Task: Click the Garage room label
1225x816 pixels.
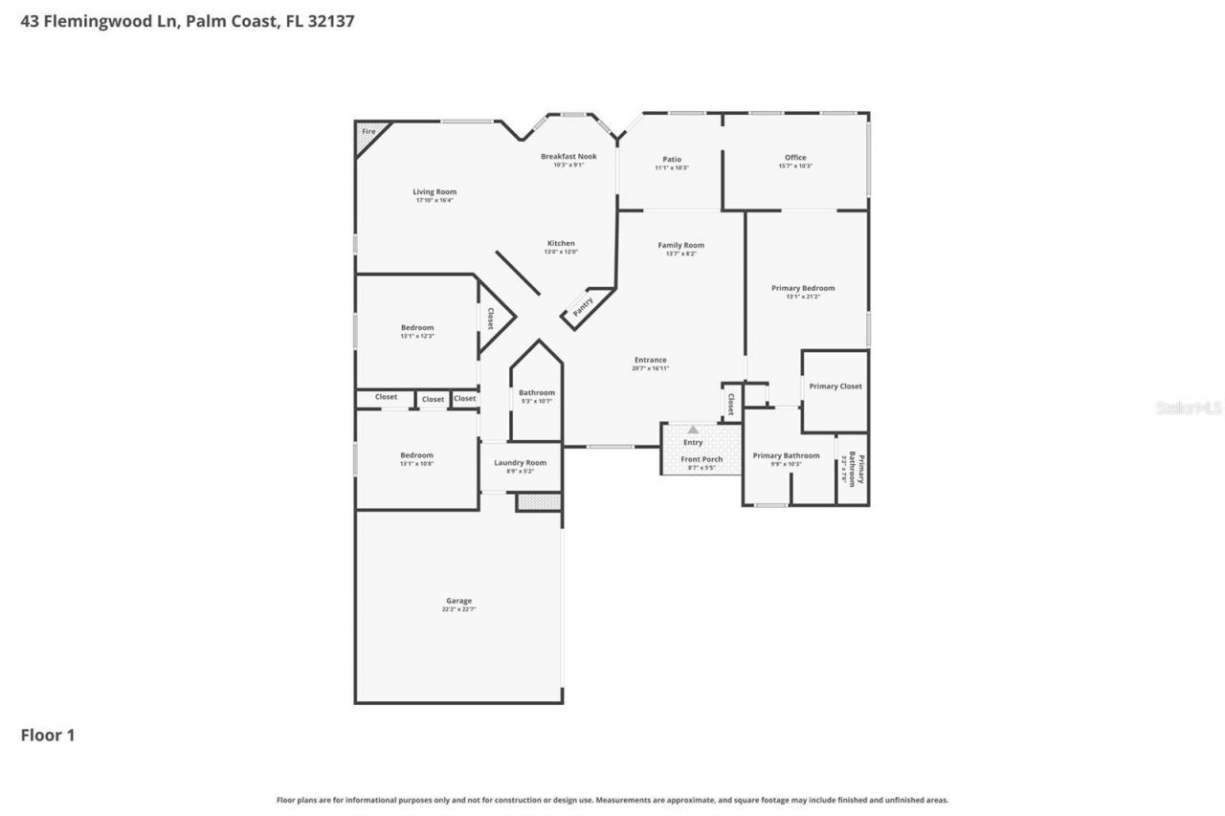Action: pyautogui.click(x=458, y=601)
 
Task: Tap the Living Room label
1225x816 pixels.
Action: pyautogui.click(x=434, y=191)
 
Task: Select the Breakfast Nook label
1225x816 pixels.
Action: pyautogui.click(x=568, y=156)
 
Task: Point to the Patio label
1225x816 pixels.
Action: pyautogui.click(x=671, y=159)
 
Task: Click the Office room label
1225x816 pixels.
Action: pyautogui.click(x=795, y=158)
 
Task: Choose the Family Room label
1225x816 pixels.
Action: pyautogui.click(x=680, y=245)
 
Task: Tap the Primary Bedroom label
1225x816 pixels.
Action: pyautogui.click(x=803, y=288)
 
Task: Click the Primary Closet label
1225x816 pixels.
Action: pyautogui.click(x=835, y=386)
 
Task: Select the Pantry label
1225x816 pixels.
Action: pyautogui.click(x=583, y=306)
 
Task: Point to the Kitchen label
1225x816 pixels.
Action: pyautogui.click(x=561, y=243)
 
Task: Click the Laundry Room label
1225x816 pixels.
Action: pyautogui.click(x=520, y=463)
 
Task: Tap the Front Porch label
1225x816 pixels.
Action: pyautogui.click(x=702, y=459)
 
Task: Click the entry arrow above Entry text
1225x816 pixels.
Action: pyautogui.click(x=693, y=430)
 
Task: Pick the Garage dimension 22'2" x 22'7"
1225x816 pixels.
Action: pyautogui.click(x=458, y=609)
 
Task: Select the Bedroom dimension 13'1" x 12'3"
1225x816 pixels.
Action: pyautogui.click(x=417, y=336)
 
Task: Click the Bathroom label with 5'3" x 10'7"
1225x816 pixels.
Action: pyautogui.click(x=536, y=392)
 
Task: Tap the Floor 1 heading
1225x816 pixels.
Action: pyautogui.click(x=48, y=735)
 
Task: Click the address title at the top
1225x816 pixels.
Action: pyautogui.click(x=188, y=20)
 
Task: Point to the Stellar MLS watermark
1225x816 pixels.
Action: pyautogui.click(x=1189, y=408)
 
